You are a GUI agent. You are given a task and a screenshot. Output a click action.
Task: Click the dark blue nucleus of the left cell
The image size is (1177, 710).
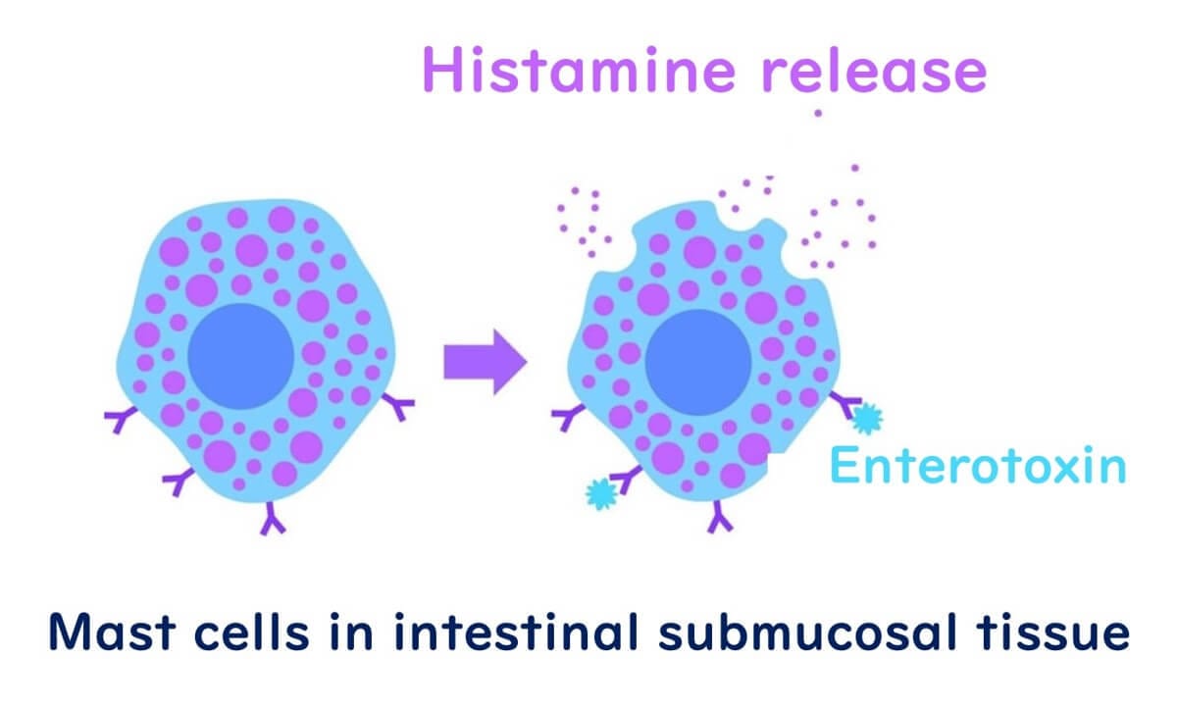(x=240, y=357)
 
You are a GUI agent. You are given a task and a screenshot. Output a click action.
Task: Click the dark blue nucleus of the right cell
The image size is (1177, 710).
(x=697, y=361)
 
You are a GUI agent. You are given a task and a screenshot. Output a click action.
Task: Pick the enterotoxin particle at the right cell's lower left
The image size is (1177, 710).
(x=600, y=492)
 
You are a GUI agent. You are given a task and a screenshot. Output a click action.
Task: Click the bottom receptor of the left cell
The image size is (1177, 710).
(x=273, y=519)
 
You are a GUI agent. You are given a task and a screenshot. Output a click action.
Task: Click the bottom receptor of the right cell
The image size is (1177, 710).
(x=721, y=517)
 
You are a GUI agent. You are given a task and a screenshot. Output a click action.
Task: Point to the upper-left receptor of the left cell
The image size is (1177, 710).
(x=121, y=419)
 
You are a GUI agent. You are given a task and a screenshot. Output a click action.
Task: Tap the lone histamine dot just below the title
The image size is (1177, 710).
(x=818, y=114)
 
